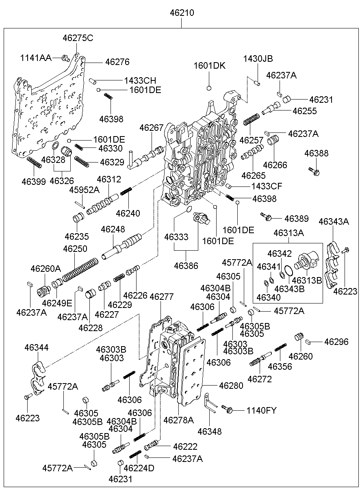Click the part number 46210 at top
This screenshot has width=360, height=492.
coord(182,13)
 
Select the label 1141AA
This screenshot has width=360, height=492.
coord(36,58)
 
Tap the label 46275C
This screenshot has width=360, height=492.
coord(78,38)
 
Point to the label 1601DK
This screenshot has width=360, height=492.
coord(209,66)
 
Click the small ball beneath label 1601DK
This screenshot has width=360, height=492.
coord(209,88)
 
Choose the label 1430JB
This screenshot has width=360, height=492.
coord(258,59)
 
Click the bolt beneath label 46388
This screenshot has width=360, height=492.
coord(314,171)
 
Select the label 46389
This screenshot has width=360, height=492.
coord(296,219)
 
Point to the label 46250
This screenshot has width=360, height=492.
coord(75,248)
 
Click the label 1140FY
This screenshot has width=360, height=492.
coord(261,411)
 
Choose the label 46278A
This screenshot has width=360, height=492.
coord(178,420)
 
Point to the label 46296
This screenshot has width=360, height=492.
coord(336,342)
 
